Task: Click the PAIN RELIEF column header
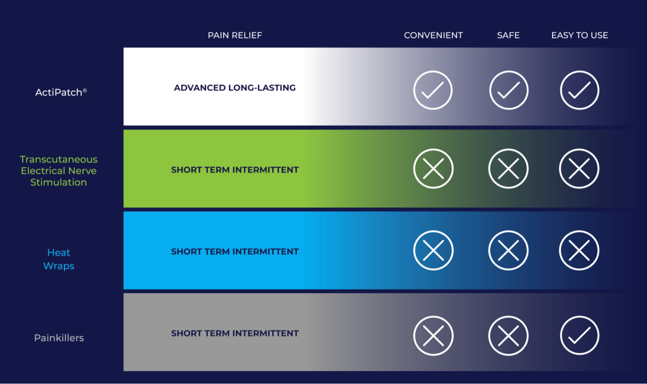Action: [235, 35]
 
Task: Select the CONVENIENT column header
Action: [433, 35]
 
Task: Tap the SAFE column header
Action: [508, 35]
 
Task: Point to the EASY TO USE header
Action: [580, 35]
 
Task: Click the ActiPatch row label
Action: [61, 92]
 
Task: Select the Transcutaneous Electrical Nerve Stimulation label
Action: [59, 171]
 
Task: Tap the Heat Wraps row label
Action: [59, 259]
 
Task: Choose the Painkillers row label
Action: [59, 338]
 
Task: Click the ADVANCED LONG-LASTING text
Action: [235, 88]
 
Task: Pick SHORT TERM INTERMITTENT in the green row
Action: [235, 170]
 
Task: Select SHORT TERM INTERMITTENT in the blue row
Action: [235, 252]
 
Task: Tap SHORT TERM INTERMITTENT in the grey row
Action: [235, 333]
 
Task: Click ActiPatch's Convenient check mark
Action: [433, 90]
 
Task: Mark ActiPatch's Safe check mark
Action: [509, 90]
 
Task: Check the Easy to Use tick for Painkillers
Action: [580, 335]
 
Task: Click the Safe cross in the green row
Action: [508, 169]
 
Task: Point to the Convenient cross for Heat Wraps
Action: [433, 250]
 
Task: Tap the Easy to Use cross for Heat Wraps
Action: [579, 250]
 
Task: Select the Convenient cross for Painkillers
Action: [433, 336]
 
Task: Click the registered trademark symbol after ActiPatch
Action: [85, 90]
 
